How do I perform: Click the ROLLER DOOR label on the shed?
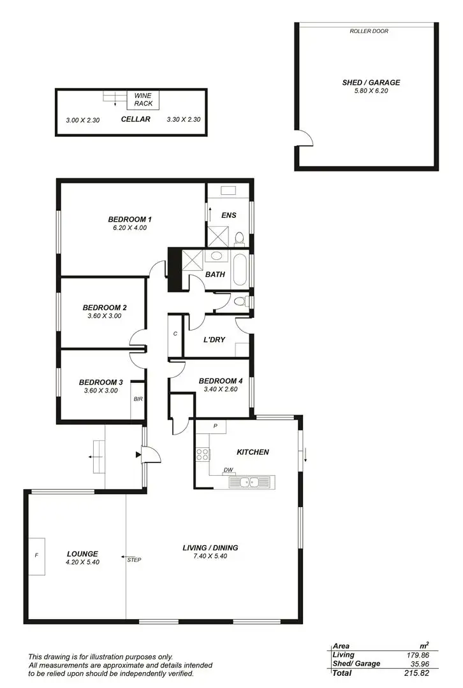pos(369,31)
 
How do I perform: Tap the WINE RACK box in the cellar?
pos(143,99)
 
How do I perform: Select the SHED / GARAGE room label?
pos(371,83)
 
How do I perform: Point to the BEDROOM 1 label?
pos(129,219)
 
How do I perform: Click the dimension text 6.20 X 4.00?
pos(129,227)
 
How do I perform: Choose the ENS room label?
pos(229,215)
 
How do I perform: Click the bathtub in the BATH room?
pos(240,270)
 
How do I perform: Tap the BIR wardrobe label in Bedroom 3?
pos(137,399)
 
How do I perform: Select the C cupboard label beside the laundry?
pos(175,334)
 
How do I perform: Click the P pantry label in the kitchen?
pos(216,426)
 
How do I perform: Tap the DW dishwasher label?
pos(228,471)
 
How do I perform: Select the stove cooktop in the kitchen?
pos(203,455)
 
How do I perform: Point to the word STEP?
pos(134,561)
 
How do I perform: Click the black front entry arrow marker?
pos(138,455)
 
